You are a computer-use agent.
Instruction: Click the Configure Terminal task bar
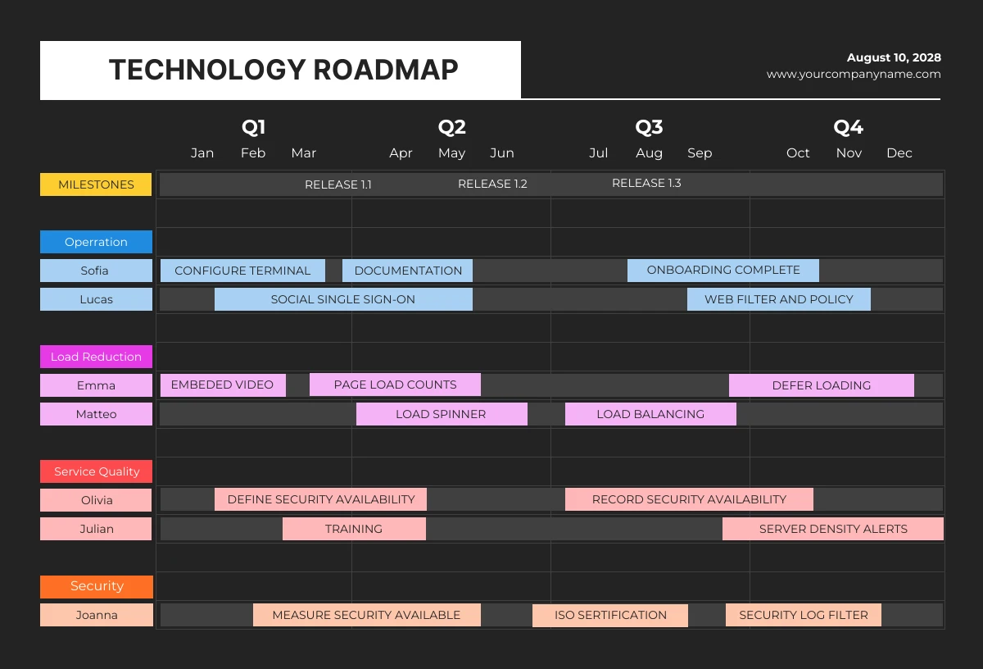click(x=242, y=271)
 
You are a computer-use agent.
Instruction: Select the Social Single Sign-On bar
click(x=343, y=299)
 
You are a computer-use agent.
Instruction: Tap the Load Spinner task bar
click(x=441, y=414)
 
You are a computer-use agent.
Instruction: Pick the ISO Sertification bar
click(x=610, y=615)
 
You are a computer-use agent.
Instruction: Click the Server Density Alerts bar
click(x=833, y=529)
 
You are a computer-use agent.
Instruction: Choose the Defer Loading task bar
click(x=821, y=385)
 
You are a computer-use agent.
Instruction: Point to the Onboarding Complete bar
click(x=723, y=270)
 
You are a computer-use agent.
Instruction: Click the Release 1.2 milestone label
click(x=492, y=184)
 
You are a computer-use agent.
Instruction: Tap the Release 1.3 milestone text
click(x=646, y=183)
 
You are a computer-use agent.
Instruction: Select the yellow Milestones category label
click(x=96, y=184)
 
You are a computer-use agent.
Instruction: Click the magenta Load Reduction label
click(x=96, y=357)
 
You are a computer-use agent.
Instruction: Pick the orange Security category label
click(x=97, y=586)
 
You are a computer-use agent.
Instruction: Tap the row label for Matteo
click(x=96, y=414)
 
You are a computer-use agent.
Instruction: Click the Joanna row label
click(x=96, y=615)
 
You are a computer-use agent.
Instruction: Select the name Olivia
click(x=96, y=500)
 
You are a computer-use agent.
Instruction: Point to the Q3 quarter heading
click(x=649, y=127)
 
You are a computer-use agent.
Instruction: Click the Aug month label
click(x=649, y=153)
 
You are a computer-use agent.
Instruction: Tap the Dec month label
click(x=899, y=153)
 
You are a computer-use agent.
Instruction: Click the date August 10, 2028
click(x=894, y=57)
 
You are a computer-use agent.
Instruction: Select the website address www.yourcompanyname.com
click(x=854, y=74)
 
